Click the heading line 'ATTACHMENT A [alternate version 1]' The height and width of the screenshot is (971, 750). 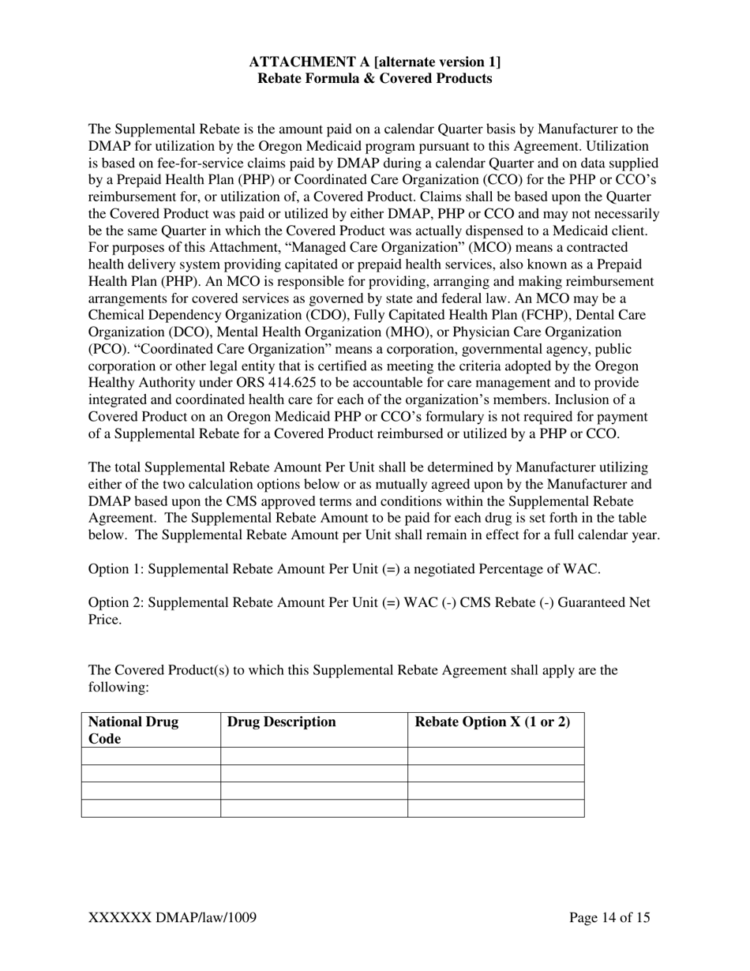(374, 62)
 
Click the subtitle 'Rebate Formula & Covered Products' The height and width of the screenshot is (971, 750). (374, 79)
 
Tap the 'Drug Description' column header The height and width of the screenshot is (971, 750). (281, 722)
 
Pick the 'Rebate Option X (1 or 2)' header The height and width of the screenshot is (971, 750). (492, 722)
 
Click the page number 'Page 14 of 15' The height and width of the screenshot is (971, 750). (609, 917)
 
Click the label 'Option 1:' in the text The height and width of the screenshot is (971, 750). (116, 569)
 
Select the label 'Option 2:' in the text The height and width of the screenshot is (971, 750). (116, 603)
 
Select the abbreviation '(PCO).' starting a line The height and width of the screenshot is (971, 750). (107, 349)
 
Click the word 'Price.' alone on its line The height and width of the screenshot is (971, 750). (105, 620)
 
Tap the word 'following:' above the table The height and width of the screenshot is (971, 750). (118, 688)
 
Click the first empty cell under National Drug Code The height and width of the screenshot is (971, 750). (151, 756)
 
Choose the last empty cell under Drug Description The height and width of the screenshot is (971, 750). (313, 808)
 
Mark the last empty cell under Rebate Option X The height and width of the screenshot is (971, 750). (496, 808)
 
